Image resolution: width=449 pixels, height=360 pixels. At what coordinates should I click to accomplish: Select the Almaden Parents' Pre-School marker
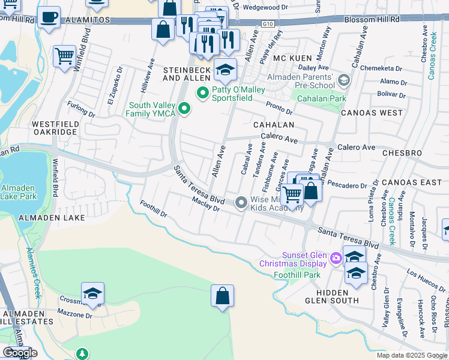[x=343, y=80]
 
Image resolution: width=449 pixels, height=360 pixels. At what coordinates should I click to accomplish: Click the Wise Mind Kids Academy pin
[x=241, y=203]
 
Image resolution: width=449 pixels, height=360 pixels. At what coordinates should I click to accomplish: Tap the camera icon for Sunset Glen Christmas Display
[x=336, y=259]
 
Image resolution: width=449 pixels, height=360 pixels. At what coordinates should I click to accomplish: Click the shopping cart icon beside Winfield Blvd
[x=64, y=56]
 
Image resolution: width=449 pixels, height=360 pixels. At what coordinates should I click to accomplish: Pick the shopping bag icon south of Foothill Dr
[x=222, y=295]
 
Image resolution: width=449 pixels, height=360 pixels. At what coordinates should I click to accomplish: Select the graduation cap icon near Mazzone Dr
[x=93, y=293]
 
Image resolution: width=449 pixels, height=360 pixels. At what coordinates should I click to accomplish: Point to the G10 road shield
[x=268, y=24]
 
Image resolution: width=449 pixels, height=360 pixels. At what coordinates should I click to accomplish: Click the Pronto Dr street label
[x=280, y=110]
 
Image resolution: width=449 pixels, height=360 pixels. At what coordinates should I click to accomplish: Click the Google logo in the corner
[x=20, y=353]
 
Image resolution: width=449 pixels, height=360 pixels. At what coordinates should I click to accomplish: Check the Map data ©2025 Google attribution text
[x=412, y=355]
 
